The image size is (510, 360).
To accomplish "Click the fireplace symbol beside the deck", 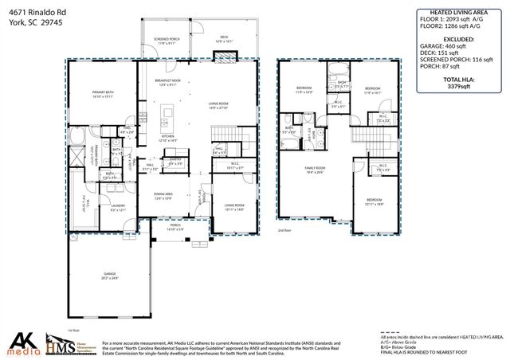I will click(x=226, y=57).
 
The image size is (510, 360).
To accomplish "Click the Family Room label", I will click(x=315, y=170).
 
